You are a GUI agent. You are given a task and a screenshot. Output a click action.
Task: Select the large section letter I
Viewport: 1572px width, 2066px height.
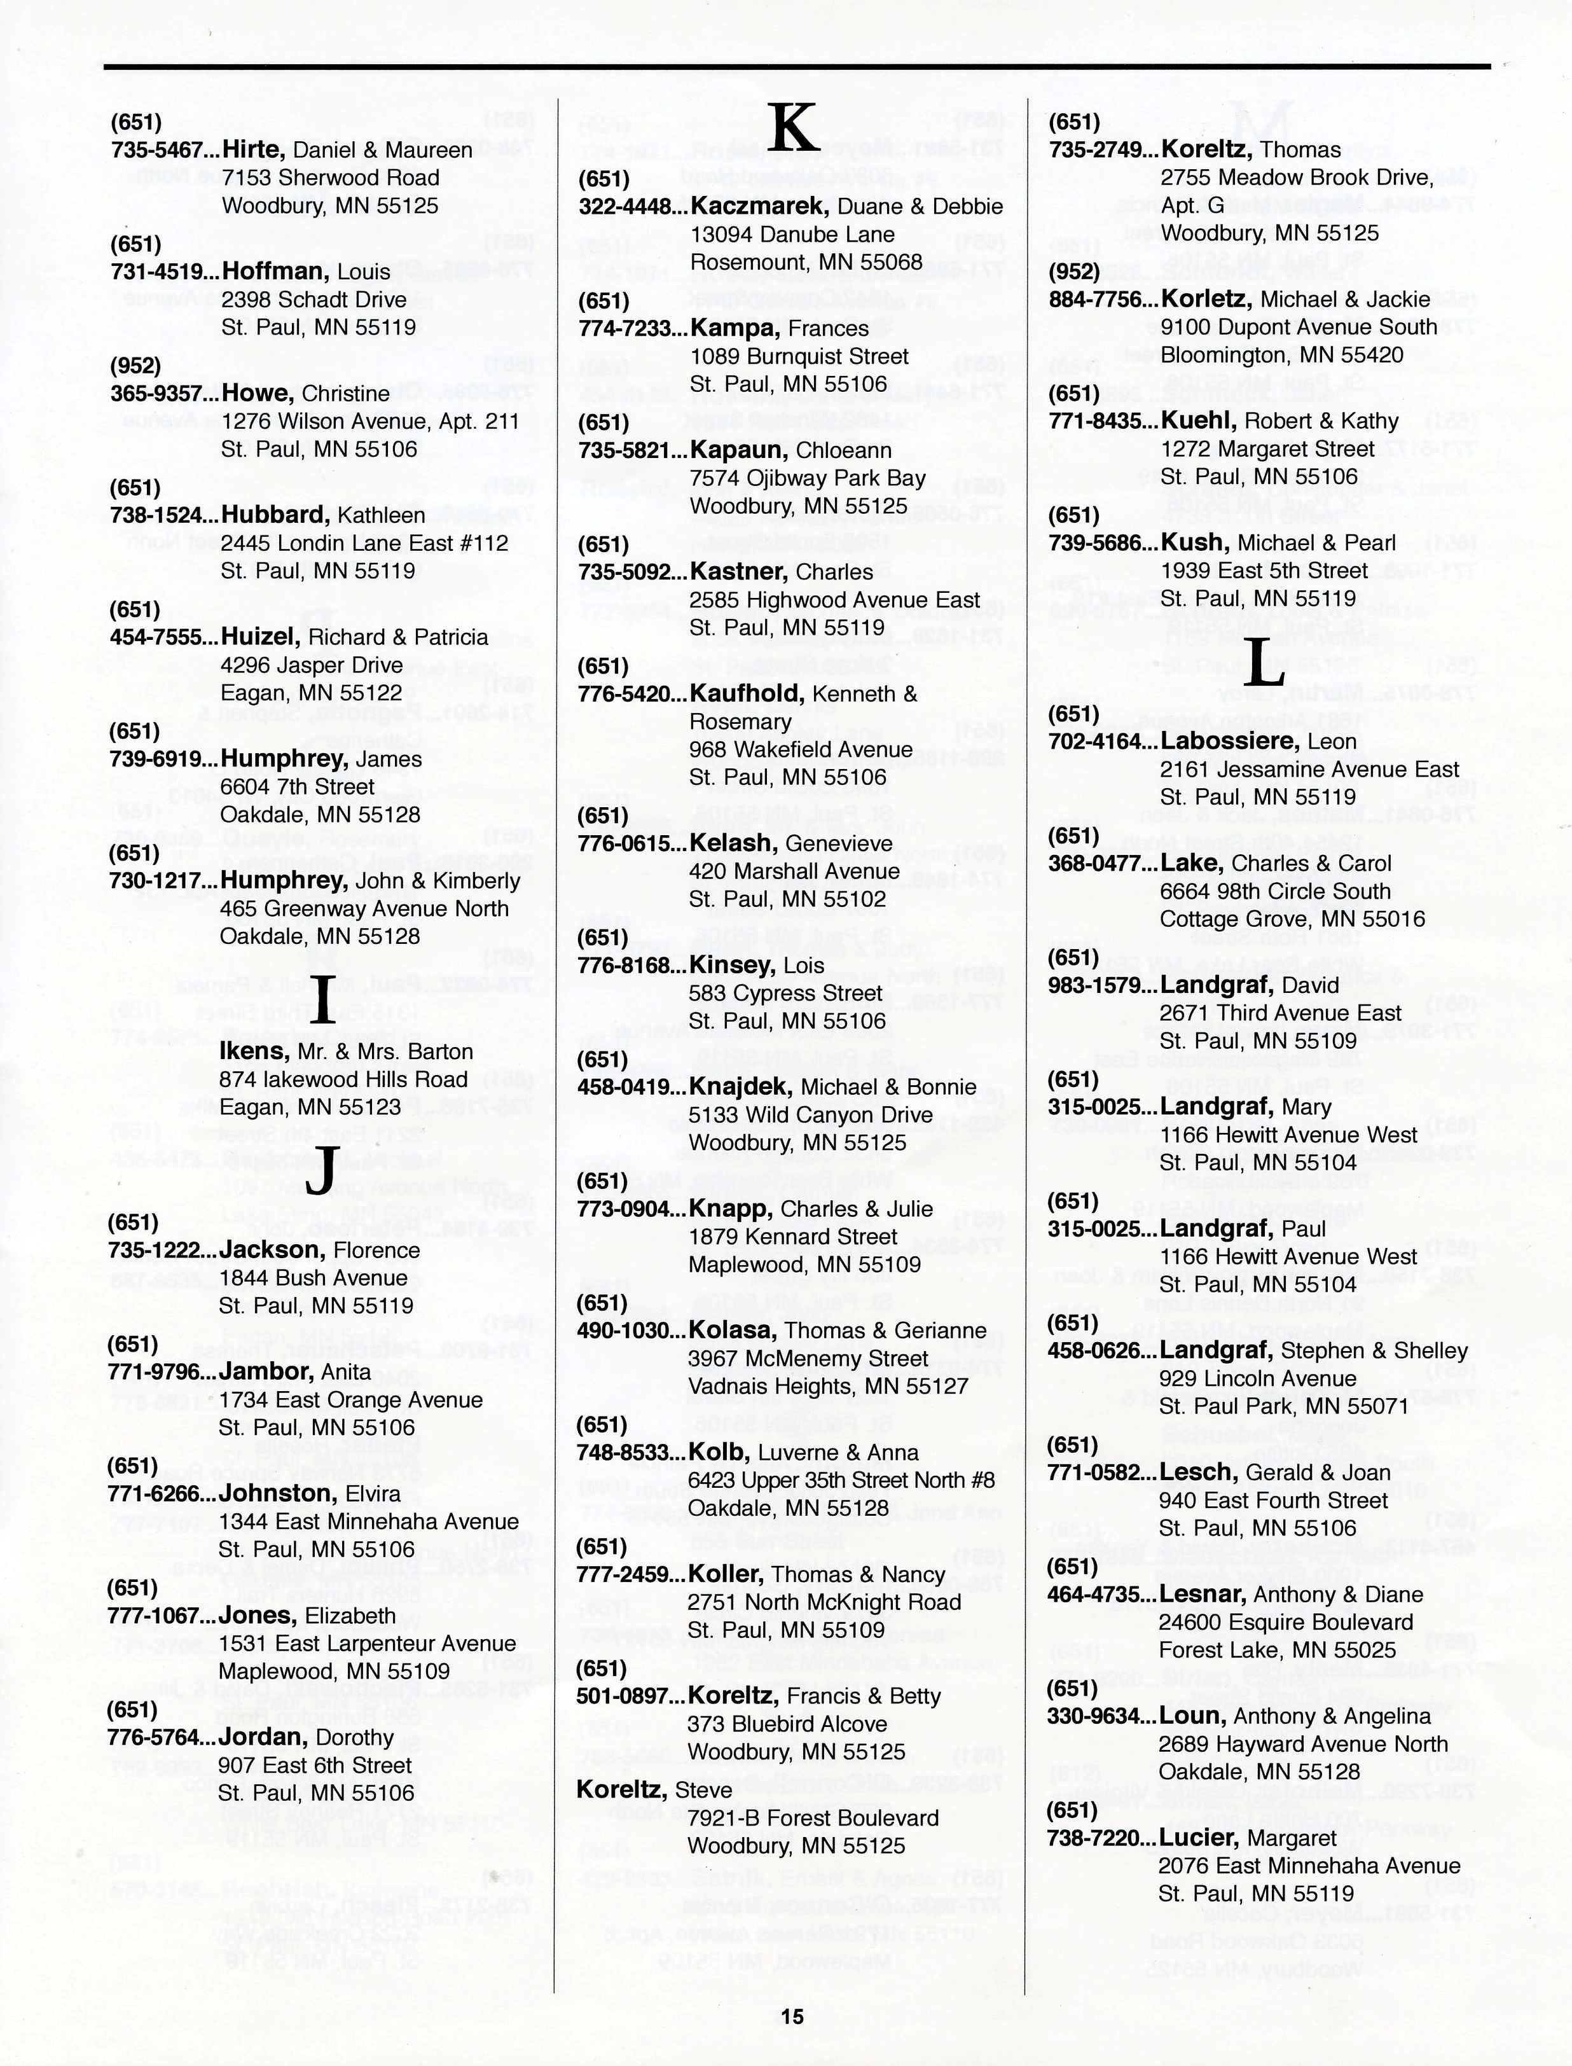(x=321, y=1001)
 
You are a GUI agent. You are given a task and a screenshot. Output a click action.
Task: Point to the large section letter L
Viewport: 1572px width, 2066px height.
(x=1267, y=661)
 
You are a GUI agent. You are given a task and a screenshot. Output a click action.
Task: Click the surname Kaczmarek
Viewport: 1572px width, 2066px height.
(x=759, y=206)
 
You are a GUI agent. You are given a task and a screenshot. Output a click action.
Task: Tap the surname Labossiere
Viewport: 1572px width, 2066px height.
(x=1229, y=741)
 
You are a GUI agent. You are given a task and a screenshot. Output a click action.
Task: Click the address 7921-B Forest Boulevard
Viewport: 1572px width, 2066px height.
(x=812, y=1818)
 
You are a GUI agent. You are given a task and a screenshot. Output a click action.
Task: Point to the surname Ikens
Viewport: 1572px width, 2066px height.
(x=254, y=1051)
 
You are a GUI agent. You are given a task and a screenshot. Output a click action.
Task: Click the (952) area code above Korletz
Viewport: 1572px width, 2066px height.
(x=1073, y=272)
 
